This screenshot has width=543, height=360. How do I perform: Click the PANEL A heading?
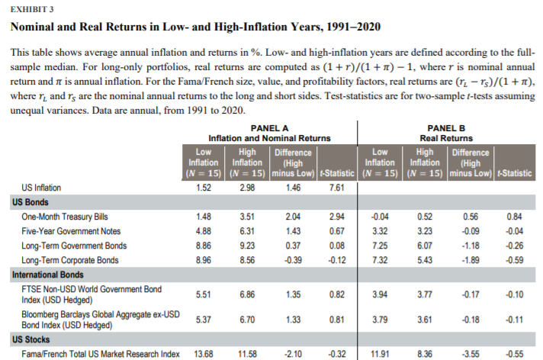(269, 128)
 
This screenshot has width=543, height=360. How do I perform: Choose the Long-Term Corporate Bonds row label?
(70, 260)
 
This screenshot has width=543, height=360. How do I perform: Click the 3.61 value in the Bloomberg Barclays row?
(423, 320)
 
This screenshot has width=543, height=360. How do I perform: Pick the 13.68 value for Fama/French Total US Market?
(201, 353)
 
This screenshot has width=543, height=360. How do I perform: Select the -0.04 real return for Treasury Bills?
(379, 217)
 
